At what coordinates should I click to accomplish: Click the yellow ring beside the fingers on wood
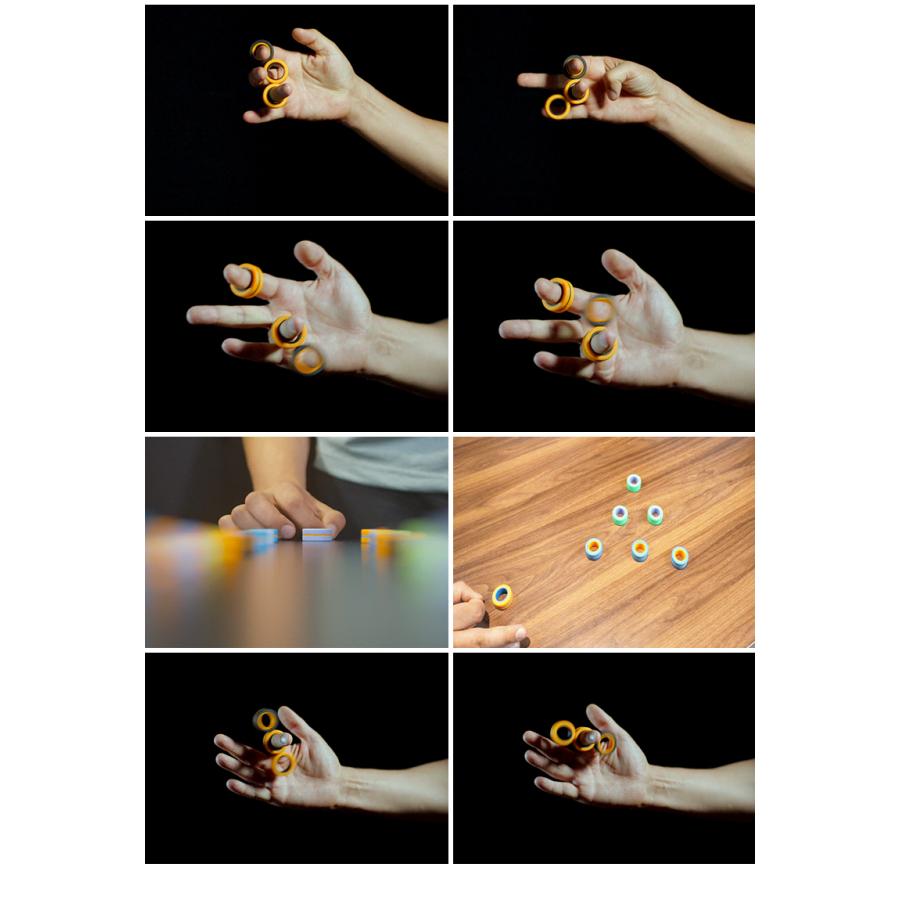pyautogui.click(x=501, y=596)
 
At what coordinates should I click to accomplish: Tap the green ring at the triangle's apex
pyautogui.click(x=633, y=483)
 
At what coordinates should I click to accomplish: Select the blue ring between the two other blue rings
pyautogui.click(x=639, y=550)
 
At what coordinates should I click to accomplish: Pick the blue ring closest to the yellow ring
pyautogui.click(x=594, y=548)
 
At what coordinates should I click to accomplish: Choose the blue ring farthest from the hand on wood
pyautogui.click(x=680, y=556)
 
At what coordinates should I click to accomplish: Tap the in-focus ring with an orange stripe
pyautogui.click(x=318, y=535)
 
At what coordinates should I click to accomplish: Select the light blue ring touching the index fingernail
pyautogui.click(x=262, y=538)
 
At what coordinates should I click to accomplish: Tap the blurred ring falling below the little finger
pyautogui.click(x=308, y=359)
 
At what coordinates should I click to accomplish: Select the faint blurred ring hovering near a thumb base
pyautogui.click(x=600, y=310)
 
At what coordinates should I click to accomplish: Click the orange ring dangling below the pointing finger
pyautogui.click(x=557, y=106)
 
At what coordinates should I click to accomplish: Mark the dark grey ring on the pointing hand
pyautogui.click(x=574, y=67)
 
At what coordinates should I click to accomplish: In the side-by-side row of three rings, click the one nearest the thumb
pyautogui.click(x=606, y=743)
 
